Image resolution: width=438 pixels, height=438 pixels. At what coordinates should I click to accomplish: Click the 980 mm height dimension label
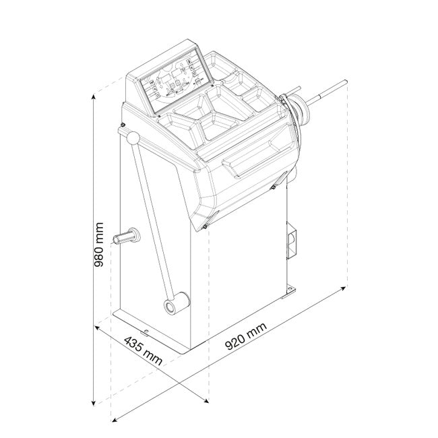pos(99,245)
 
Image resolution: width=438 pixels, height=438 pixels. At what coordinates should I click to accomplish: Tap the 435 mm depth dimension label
pos(143,350)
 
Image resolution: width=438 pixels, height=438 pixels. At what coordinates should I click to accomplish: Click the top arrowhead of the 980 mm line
pos(94,97)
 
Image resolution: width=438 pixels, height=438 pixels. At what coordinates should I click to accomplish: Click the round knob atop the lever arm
pos(133,138)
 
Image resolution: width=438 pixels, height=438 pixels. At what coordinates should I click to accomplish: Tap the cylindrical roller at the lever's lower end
pos(177,304)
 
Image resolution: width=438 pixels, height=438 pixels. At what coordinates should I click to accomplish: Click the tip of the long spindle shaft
pos(346,82)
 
